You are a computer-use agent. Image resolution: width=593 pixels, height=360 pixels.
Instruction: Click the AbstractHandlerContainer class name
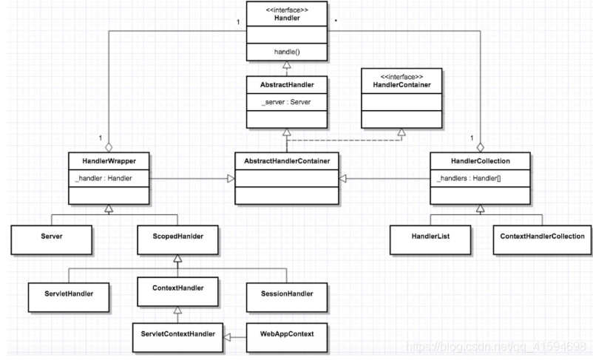click(286, 160)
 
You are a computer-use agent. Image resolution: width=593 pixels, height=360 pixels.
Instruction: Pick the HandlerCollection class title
click(479, 160)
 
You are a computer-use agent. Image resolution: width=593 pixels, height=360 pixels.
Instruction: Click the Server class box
click(51, 237)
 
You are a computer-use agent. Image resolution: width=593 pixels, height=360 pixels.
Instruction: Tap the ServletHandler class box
click(69, 293)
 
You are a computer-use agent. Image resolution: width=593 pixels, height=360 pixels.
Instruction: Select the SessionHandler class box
click(286, 293)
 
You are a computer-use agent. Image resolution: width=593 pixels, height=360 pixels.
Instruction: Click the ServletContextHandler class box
click(177, 334)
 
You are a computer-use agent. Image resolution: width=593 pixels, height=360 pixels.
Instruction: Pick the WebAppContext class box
click(286, 334)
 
